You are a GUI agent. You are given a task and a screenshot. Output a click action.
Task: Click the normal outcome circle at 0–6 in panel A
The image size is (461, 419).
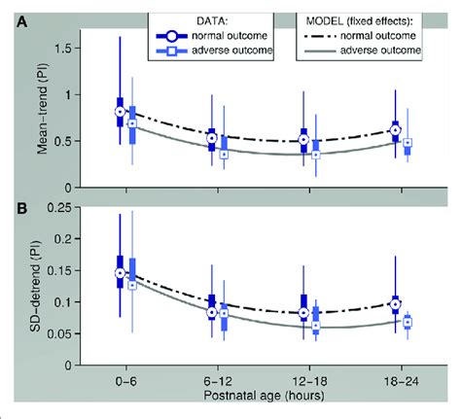(x=120, y=112)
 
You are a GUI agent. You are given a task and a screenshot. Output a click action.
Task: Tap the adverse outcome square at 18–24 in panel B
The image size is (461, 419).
(x=408, y=322)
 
